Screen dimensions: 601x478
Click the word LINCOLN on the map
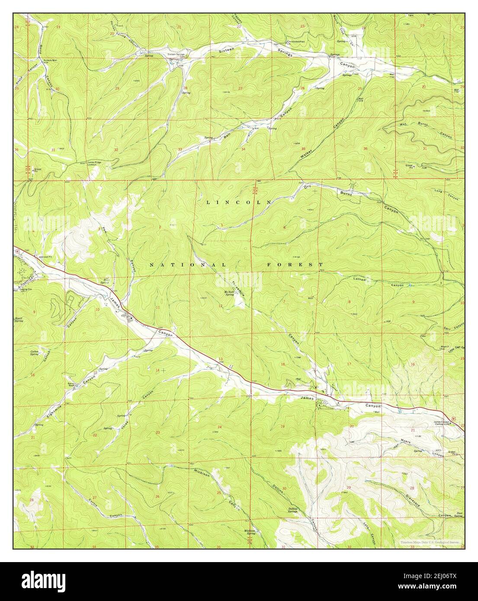point(238,202)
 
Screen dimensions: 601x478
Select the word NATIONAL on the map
point(188,264)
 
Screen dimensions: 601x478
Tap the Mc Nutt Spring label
point(229,294)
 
